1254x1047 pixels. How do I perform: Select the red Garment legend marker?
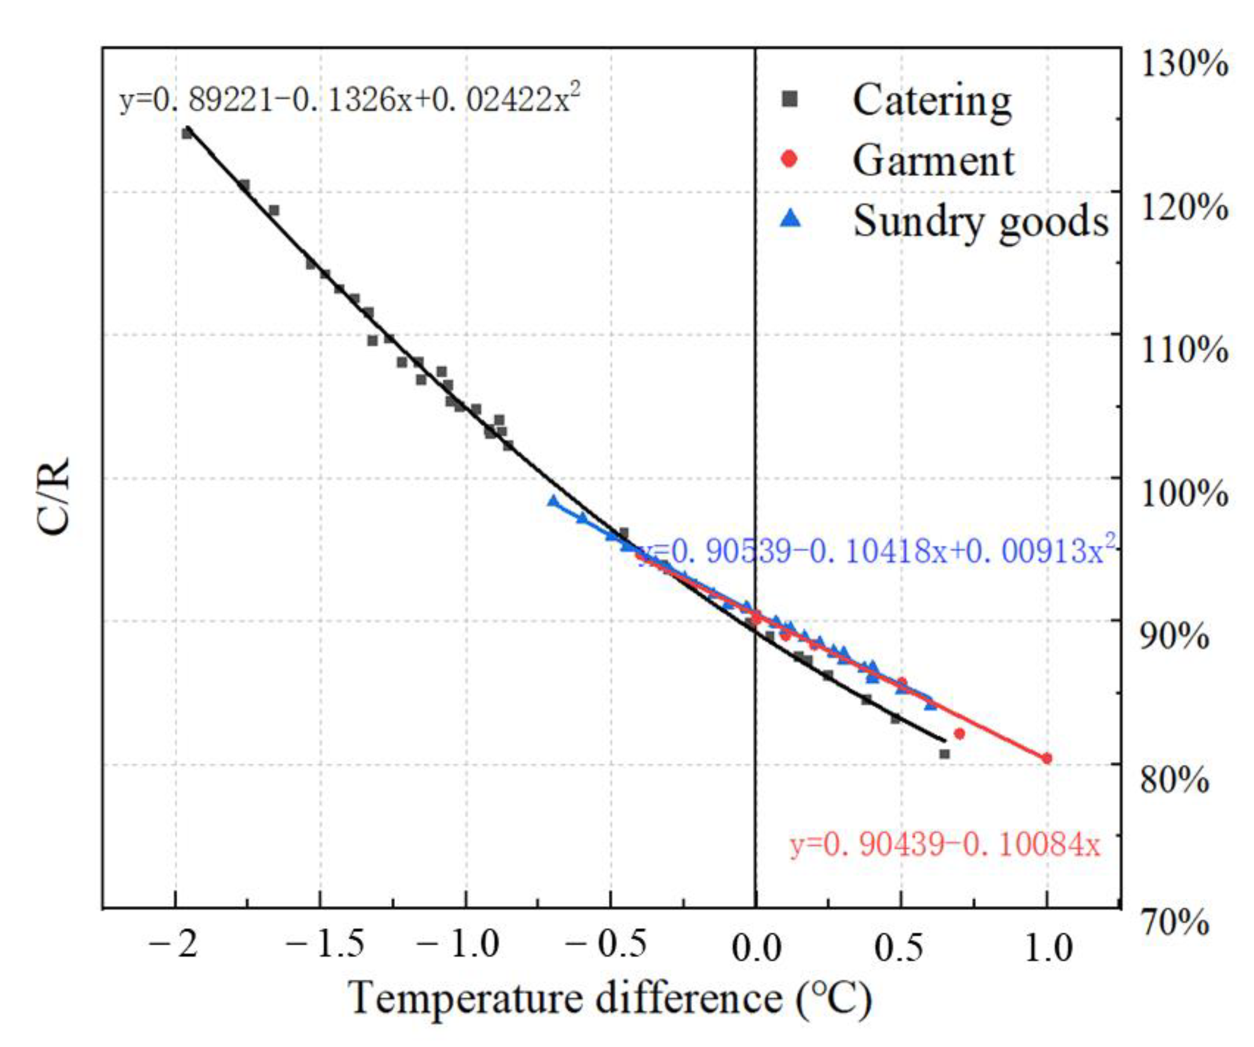tap(789, 159)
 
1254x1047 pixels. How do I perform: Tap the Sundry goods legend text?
tap(981, 221)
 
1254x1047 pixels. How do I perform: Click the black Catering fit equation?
tap(349, 99)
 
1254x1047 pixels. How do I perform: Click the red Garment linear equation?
tap(944, 845)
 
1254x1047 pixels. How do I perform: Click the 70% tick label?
tap(1175, 924)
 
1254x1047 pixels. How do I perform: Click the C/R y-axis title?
tap(54, 497)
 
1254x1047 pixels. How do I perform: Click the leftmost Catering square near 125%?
tap(187, 133)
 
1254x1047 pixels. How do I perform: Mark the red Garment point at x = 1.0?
tap(1047, 758)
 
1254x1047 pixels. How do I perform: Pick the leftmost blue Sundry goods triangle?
tap(553, 501)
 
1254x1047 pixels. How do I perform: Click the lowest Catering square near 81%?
tap(944, 754)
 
